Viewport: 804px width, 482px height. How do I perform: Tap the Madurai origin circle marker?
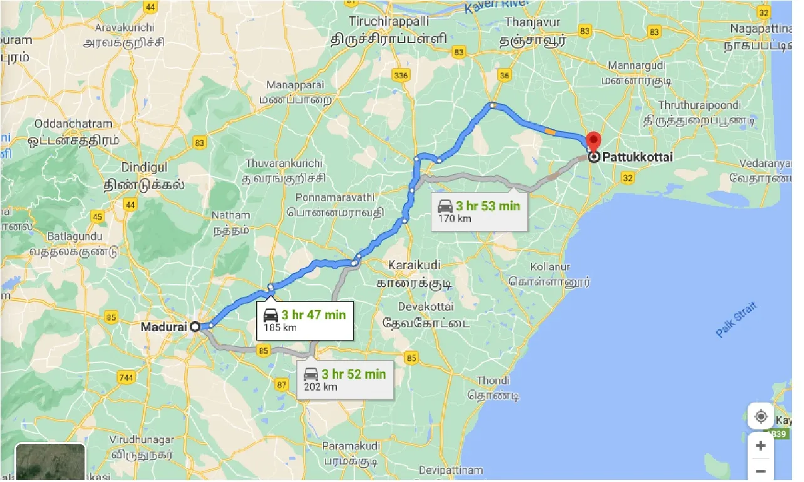[x=195, y=326]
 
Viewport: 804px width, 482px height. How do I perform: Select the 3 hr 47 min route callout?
[x=305, y=320]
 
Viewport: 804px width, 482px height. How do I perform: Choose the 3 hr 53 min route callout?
[x=479, y=211]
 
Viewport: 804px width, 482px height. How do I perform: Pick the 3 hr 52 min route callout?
[x=345, y=379]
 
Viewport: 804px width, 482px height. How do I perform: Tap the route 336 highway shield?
[x=401, y=76]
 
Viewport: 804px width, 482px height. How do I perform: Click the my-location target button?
[x=761, y=416]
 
